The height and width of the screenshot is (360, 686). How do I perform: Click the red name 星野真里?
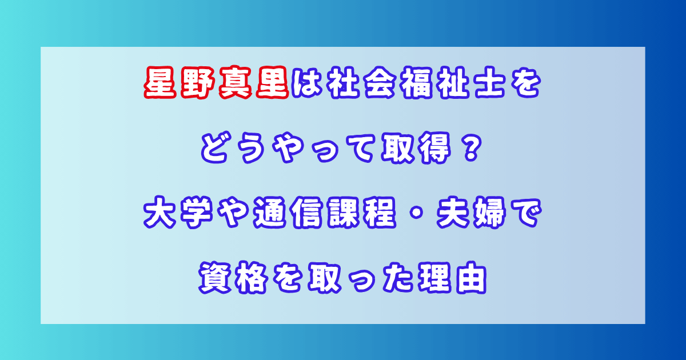click(x=217, y=82)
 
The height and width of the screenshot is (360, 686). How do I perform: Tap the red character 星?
click(x=160, y=82)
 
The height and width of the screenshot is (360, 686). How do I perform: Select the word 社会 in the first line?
click(x=361, y=82)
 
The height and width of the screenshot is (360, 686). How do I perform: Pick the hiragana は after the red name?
click(x=307, y=82)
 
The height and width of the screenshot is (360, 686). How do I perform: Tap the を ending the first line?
click(x=525, y=82)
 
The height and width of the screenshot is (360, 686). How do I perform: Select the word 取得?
click(x=416, y=148)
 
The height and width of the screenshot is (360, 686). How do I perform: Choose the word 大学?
click(x=178, y=213)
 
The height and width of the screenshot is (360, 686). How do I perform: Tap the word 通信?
click(x=288, y=213)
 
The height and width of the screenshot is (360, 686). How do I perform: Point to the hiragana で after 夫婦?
click(x=525, y=213)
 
